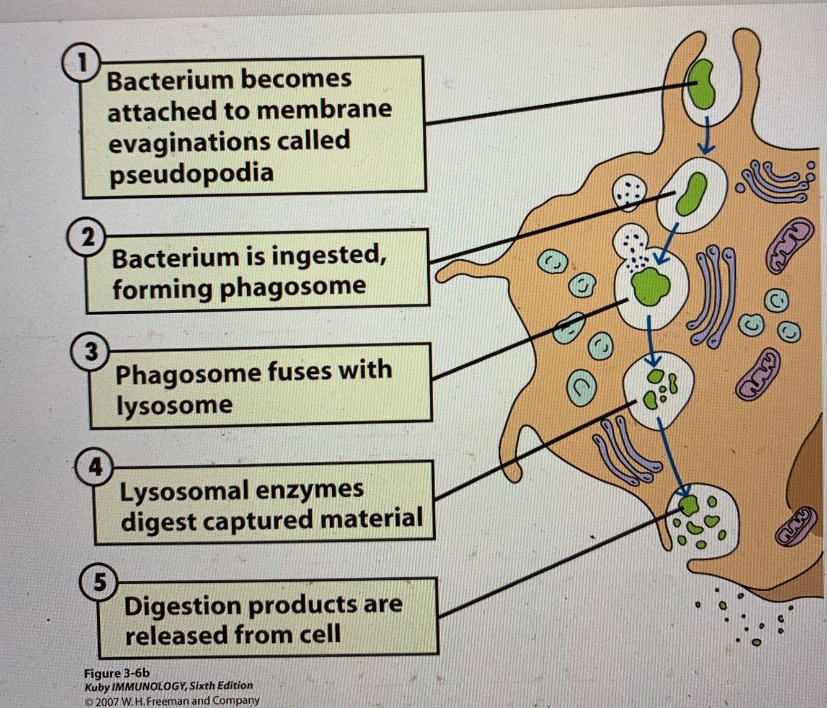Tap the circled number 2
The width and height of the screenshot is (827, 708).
pos(88,237)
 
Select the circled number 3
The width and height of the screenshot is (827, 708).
pos(91,352)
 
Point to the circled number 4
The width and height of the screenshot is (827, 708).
pos(95,466)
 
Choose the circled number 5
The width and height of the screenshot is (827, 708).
pos(99,582)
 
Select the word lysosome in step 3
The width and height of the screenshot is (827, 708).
pos(174,405)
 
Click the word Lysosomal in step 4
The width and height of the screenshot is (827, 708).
pos(184,490)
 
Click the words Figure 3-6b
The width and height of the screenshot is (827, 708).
pos(117,673)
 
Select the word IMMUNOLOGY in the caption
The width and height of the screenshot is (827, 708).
pos(149,686)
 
